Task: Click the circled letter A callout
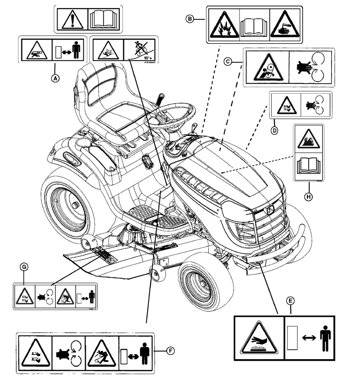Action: (x=55, y=78)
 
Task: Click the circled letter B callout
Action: (x=190, y=18)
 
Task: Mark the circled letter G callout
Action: (x=25, y=267)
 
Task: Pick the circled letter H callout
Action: (x=309, y=196)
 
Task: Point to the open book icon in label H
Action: (x=309, y=168)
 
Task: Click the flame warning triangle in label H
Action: (x=309, y=138)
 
